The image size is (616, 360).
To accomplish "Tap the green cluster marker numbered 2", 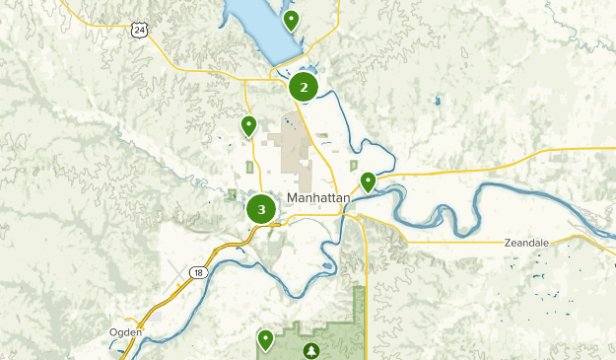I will pyautogui.click(x=303, y=87).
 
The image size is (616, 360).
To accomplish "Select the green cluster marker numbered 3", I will pyautogui.click(x=261, y=209).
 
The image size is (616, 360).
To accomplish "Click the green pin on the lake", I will pyautogui.click(x=291, y=19).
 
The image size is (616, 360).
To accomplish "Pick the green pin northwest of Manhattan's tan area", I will pyautogui.click(x=248, y=125).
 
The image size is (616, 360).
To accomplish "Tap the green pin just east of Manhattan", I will pyautogui.click(x=368, y=180).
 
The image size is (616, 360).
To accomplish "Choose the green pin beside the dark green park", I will pyautogui.click(x=265, y=339).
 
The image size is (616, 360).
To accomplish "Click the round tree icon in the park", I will pyautogui.click(x=311, y=350).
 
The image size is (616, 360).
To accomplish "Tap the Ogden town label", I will pyautogui.click(x=126, y=332).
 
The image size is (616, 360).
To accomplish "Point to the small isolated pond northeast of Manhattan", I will pyautogui.click(x=437, y=100).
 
